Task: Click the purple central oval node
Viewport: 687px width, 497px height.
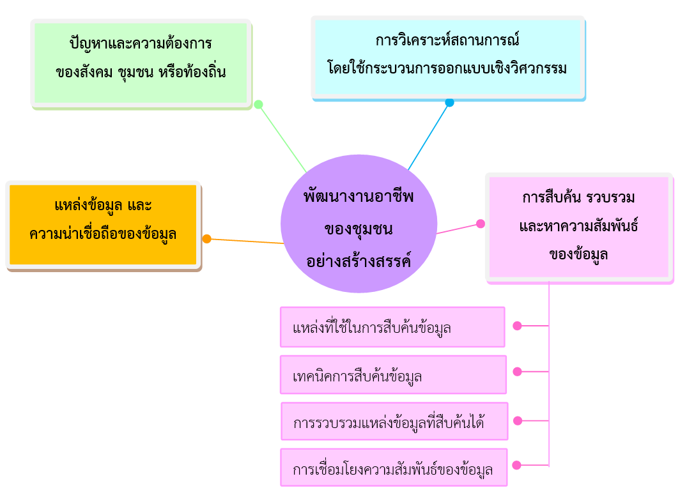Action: [x=359, y=224]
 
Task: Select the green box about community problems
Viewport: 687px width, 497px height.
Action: [x=141, y=63]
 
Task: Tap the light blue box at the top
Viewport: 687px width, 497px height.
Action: [x=448, y=57]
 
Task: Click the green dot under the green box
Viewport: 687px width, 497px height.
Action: [x=258, y=104]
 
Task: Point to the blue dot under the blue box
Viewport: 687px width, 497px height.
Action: [x=449, y=102]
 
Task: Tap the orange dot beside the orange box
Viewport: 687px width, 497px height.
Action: [x=207, y=239]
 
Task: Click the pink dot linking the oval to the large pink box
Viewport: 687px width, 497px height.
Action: [x=481, y=224]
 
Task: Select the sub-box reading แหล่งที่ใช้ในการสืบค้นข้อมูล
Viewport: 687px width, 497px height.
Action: [x=392, y=327]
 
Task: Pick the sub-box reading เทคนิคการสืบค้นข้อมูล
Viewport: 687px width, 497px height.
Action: [x=394, y=375]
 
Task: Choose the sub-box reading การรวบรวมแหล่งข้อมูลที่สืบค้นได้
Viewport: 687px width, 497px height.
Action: [x=394, y=421]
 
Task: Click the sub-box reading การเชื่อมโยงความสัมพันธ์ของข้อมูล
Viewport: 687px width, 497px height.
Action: [x=394, y=467]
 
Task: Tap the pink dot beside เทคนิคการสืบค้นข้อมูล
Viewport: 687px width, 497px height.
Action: [x=518, y=372]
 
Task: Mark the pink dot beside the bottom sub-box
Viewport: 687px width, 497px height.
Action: [x=517, y=465]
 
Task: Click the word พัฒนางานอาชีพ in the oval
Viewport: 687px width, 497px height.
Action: [x=359, y=196]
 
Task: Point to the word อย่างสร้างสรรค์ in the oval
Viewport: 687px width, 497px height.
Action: [x=359, y=261]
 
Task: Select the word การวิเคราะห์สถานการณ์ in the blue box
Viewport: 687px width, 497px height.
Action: [x=447, y=40]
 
